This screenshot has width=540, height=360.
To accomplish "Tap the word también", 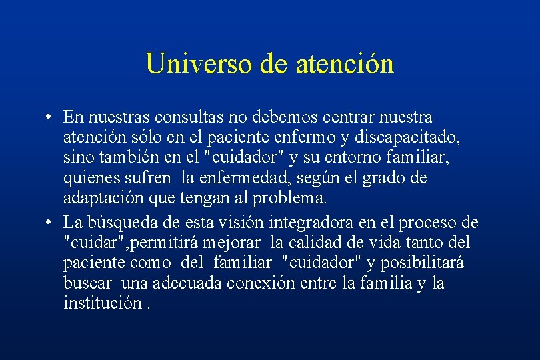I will (x=131, y=159).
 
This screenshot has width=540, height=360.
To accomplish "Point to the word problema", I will (x=291, y=199).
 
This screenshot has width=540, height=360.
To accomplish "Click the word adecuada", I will (x=187, y=283).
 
